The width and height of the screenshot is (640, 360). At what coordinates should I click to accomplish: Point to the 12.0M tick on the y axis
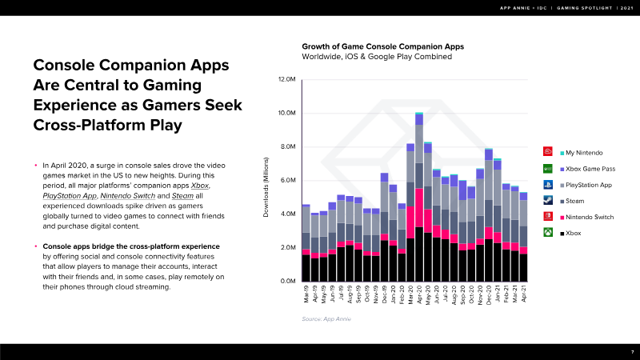click(286, 80)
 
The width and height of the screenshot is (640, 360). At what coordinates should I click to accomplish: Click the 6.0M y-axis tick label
click(286, 181)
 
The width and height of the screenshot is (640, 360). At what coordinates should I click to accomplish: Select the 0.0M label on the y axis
click(286, 282)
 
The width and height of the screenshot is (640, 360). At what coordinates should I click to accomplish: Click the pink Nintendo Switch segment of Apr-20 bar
click(419, 208)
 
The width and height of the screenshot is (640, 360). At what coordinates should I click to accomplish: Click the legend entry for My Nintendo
click(585, 152)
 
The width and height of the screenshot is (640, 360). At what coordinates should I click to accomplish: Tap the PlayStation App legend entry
click(589, 184)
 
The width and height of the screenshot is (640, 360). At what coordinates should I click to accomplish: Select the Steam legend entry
click(575, 200)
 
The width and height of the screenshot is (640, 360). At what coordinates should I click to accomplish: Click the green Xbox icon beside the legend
click(548, 233)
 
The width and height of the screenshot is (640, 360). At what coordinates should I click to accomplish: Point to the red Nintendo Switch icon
click(548, 216)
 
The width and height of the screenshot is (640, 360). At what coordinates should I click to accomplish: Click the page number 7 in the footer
click(631, 352)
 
